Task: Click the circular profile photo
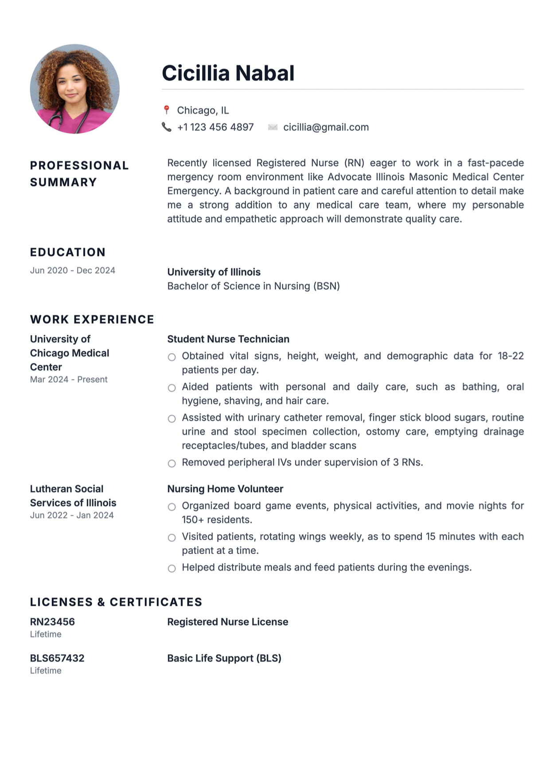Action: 74,89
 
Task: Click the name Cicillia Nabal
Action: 228,73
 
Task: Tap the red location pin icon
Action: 167,110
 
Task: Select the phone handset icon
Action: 167,127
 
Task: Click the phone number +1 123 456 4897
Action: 215,128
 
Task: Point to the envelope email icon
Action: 273,128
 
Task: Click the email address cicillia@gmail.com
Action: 326,128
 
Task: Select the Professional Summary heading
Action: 79,174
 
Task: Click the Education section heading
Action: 68,252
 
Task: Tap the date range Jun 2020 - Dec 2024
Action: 73,271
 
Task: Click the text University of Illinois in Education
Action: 214,272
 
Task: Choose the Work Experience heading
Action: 92,319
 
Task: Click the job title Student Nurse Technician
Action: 228,339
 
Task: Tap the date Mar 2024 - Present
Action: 69,380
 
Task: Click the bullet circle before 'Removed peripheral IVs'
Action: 172,463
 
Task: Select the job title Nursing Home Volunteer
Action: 225,489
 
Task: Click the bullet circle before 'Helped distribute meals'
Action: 172,568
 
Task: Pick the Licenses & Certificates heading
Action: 116,602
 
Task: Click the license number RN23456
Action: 52,622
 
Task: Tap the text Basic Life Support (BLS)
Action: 224,658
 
